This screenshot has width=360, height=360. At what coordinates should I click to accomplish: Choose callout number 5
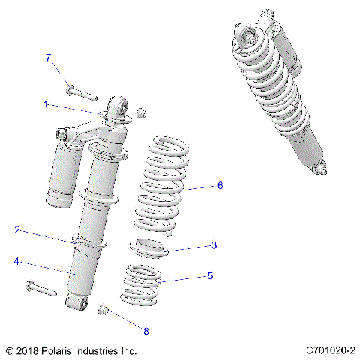[210, 276]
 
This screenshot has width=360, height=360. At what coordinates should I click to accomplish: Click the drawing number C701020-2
[330, 350]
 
